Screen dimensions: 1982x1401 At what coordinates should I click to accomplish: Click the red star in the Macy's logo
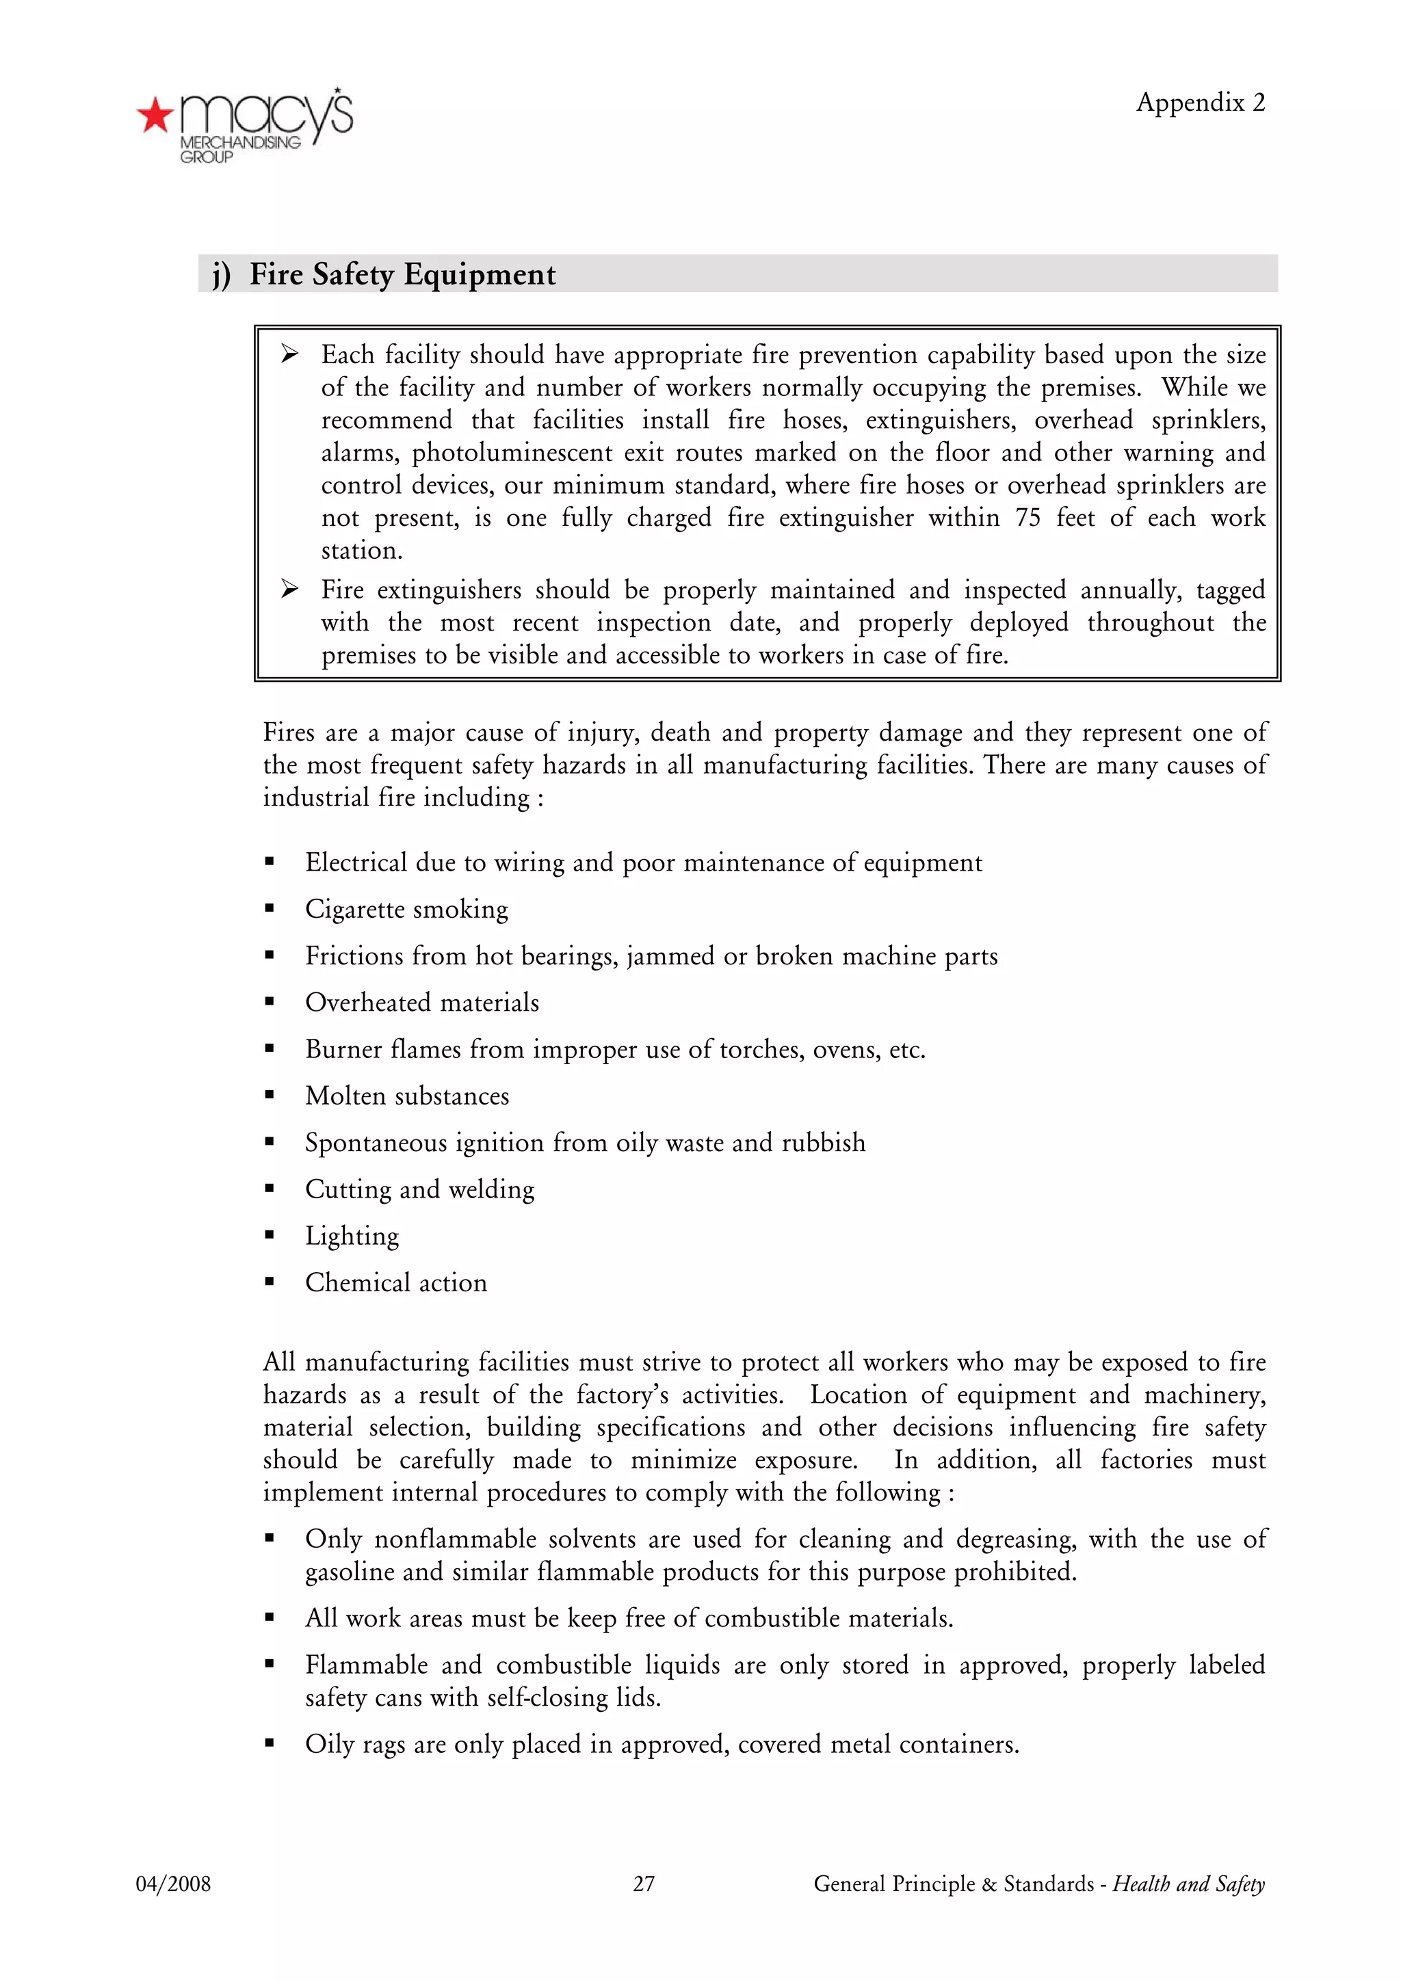[x=155, y=115]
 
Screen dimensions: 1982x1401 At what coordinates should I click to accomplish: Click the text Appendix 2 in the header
[x=1199, y=103]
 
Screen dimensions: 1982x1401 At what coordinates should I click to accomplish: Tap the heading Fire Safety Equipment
[x=402, y=274]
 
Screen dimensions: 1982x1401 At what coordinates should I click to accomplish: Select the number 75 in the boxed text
[x=1027, y=518]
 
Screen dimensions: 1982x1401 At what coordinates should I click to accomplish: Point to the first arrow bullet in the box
[x=289, y=354]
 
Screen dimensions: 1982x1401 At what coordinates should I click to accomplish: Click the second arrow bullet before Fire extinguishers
[x=289, y=590]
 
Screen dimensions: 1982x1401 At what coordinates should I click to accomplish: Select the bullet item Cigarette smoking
[x=406, y=909]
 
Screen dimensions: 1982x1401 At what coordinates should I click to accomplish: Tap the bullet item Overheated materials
[x=421, y=1002]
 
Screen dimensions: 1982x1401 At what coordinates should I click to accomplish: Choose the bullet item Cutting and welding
[x=419, y=1189]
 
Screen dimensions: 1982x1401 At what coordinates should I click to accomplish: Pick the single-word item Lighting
[x=352, y=1236]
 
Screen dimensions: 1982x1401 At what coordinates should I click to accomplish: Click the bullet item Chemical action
[x=395, y=1283]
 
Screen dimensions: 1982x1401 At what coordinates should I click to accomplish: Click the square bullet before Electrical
[x=270, y=862]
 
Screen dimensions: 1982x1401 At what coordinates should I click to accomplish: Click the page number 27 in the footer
[x=643, y=1884]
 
